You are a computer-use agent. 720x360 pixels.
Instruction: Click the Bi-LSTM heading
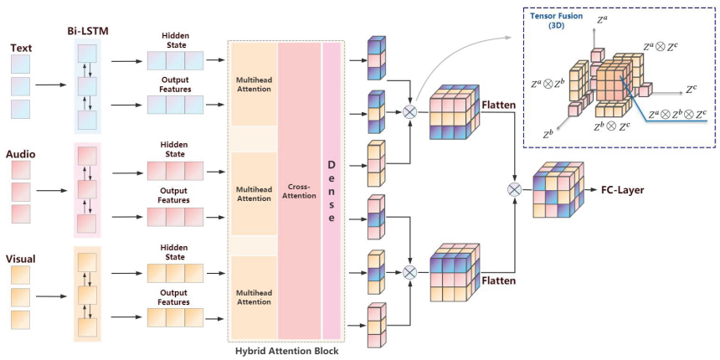click(88, 31)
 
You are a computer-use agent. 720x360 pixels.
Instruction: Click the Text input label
click(21, 48)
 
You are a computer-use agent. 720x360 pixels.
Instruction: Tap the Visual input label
click(23, 259)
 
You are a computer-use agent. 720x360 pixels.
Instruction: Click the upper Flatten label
click(501, 105)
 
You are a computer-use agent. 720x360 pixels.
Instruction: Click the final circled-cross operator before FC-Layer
click(514, 191)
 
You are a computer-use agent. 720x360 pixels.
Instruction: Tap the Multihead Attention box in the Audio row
click(253, 193)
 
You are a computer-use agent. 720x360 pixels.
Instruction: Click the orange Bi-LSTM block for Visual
click(88, 293)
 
